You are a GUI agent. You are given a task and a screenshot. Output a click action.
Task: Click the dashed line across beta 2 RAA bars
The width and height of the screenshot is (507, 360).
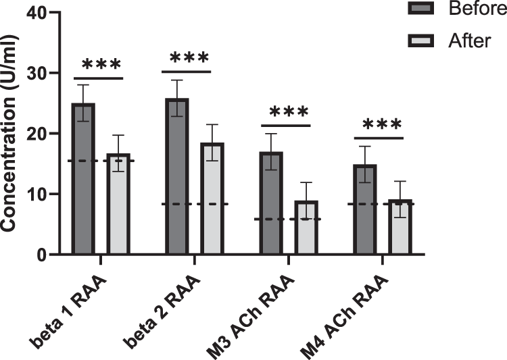click(x=187, y=204)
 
